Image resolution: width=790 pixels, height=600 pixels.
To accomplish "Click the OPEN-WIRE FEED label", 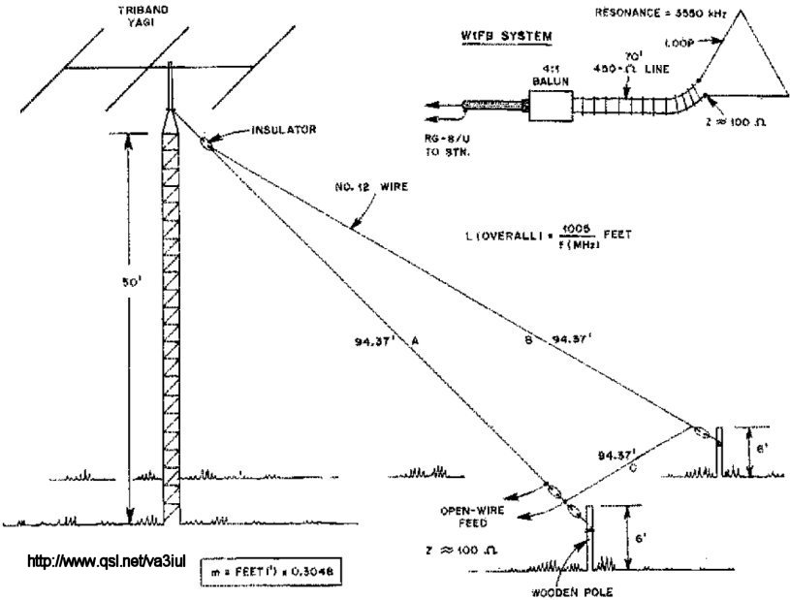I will [x=471, y=518].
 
